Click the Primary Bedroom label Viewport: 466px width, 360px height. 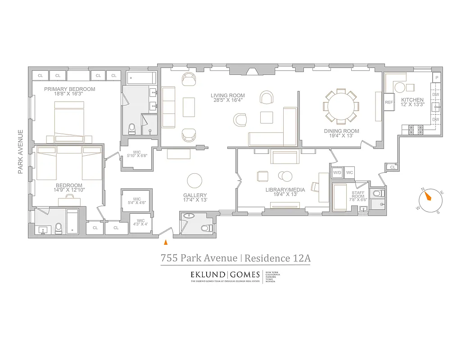69,89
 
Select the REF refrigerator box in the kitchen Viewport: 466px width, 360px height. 389,102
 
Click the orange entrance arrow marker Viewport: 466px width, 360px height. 166,243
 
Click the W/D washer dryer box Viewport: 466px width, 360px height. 337,173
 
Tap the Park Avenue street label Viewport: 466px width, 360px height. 20,152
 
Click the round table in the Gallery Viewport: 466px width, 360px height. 195,181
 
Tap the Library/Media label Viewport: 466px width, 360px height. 285,190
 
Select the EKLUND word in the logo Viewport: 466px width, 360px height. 207,274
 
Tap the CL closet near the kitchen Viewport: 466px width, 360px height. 392,167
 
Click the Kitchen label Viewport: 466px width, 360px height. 412,100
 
